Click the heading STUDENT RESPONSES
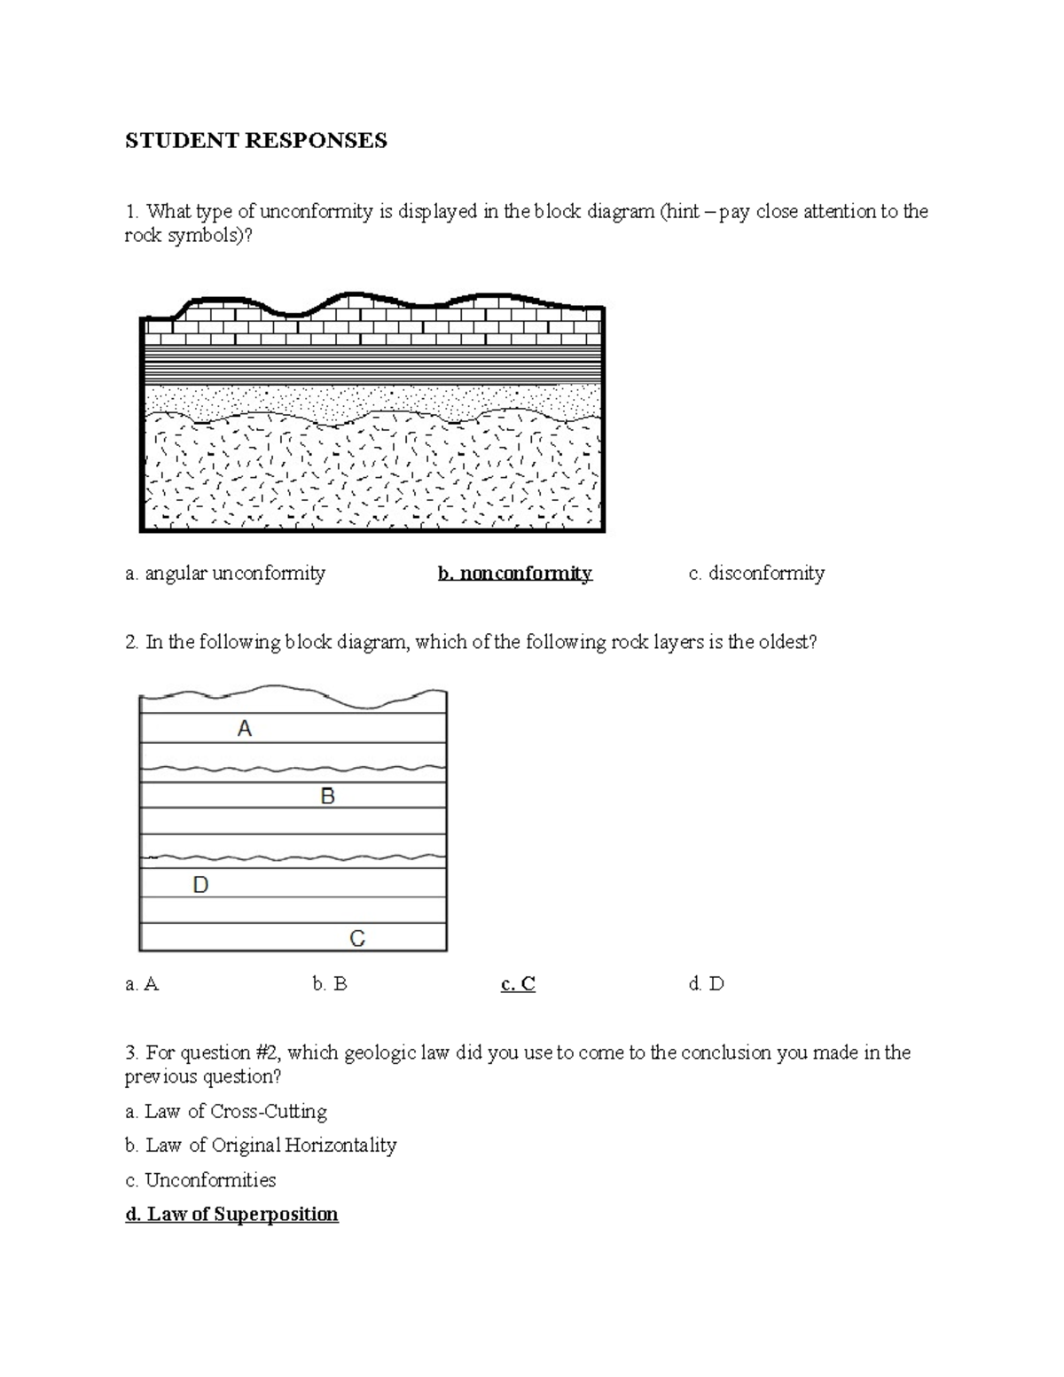[255, 141]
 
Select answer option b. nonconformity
[514, 574]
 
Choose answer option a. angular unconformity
[225, 574]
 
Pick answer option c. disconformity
[756, 574]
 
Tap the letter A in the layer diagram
[245, 729]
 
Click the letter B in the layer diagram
[327, 796]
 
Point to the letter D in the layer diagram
[200, 885]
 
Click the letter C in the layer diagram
[357, 938]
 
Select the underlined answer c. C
[518, 984]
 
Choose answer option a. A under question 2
[142, 984]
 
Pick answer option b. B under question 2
[330, 984]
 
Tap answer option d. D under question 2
[706, 984]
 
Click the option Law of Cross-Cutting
[226, 1112]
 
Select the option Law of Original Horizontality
[261, 1146]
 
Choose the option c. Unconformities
[200, 1180]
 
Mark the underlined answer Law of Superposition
[231, 1215]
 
